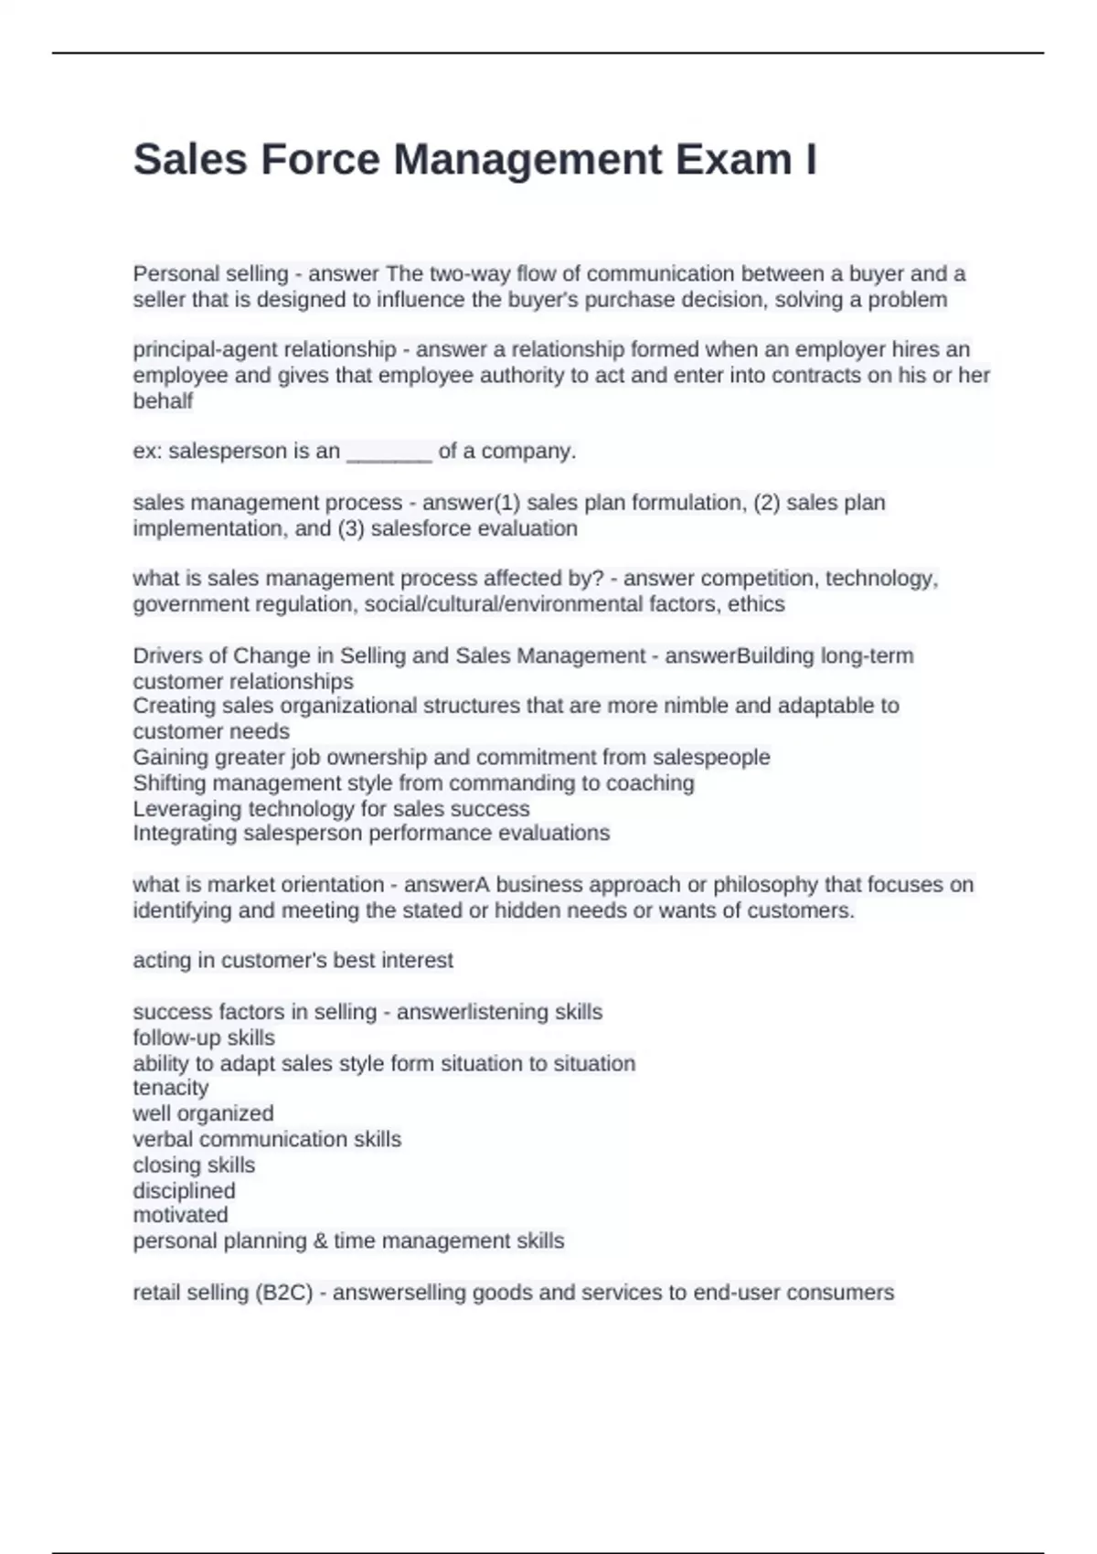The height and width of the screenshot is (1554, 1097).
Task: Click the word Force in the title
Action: point(319,159)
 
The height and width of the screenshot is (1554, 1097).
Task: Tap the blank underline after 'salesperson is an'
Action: point(389,452)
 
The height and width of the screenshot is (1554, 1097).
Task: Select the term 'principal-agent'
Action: point(200,349)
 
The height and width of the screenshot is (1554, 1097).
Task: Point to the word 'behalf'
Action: point(163,400)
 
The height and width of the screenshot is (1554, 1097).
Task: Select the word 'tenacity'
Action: point(171,1088)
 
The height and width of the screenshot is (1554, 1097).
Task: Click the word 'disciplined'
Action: point(184,1191)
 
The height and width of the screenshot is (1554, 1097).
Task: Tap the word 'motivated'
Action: point(180,1215)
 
